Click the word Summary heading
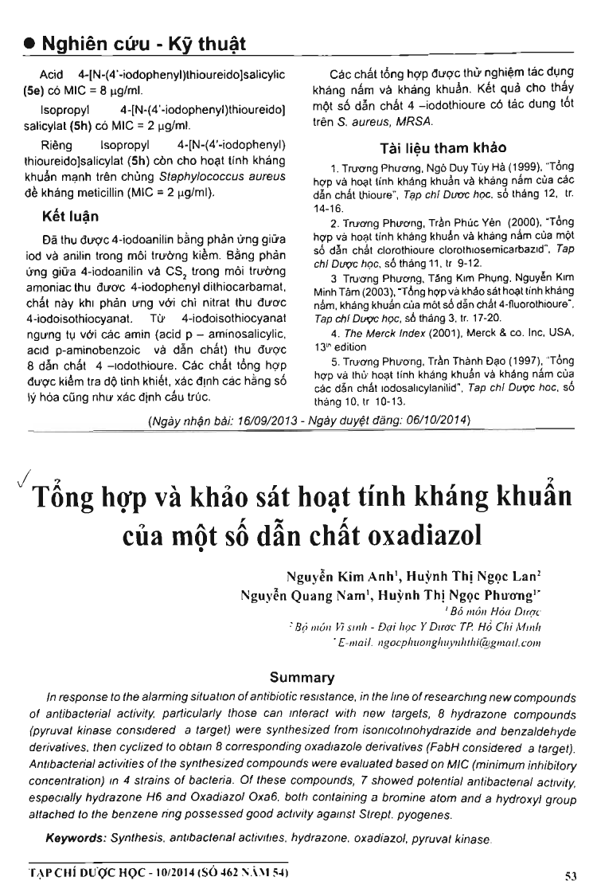tap(302, 678)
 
